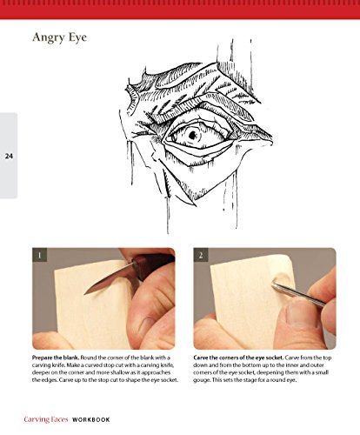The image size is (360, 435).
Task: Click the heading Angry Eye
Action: (59, 38)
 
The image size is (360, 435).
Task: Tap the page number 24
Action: (9, 156)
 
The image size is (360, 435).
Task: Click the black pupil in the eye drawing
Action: (192, 135)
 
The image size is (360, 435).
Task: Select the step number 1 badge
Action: (40, 255)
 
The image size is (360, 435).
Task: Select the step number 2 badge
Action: (201, 255)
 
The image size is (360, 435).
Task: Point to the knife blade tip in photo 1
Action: (84, 294)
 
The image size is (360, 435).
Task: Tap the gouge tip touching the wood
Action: (273, 285)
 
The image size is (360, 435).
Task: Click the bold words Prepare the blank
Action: (56, 358)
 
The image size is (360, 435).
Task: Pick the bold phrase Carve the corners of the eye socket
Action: (238, 358)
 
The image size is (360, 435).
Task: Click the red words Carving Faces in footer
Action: (46, 419)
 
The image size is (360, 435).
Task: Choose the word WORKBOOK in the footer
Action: (91, 419)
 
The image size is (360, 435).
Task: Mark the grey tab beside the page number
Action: (9, 156)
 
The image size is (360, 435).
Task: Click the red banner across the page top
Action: (180, 10)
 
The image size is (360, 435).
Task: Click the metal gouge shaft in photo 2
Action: (298, 295)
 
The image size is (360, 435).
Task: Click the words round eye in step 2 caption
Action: (286, 380)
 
